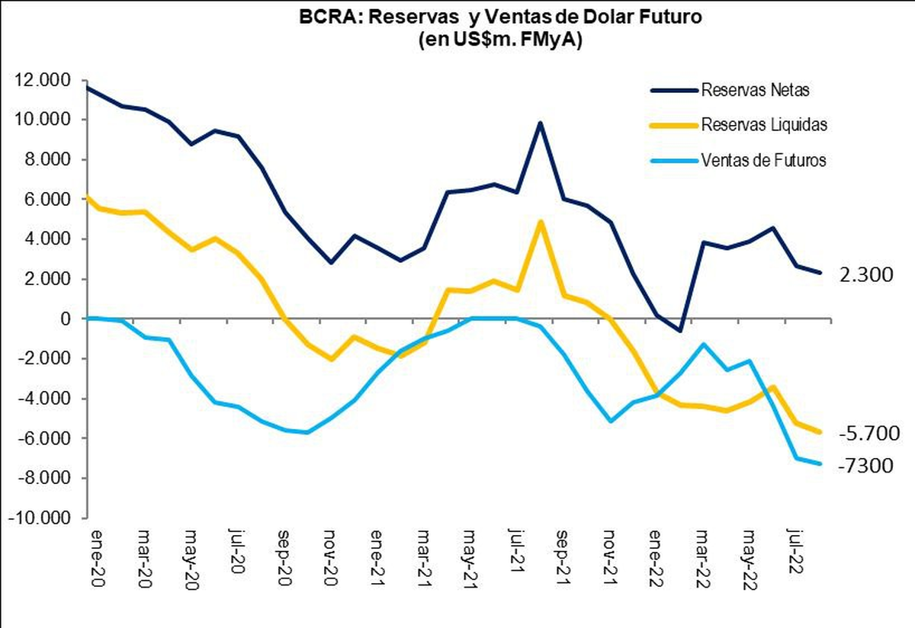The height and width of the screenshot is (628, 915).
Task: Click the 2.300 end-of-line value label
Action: pyautogui.click(x=865, y=275)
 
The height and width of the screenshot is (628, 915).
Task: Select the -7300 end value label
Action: pyautogui.click(x=865, y=465)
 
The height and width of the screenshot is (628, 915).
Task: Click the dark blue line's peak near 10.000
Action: pyautogui.click(x=540, y=123)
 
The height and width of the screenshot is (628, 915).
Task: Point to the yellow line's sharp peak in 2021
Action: pyautogui.click(x=540, y=222)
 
